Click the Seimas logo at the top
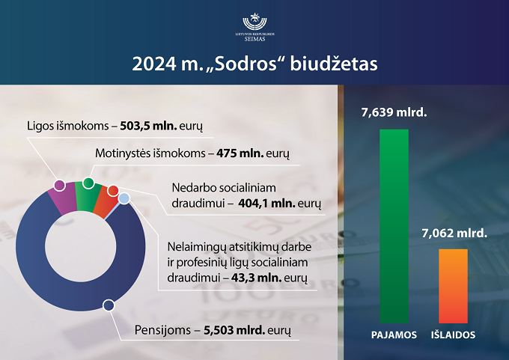pos(254,27)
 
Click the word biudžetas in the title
pos(334,64)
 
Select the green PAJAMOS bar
pos(394,226)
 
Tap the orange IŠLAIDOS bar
pos(453,286)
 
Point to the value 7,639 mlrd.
pos(394,112)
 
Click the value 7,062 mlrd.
pos(454,233)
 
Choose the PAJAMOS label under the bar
pos(394,335)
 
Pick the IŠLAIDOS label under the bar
pos(453,335)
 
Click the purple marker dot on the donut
pos(59,186)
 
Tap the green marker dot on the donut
pos(88,183)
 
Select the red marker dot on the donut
pos(113,191)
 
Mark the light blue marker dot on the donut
pos(124,198)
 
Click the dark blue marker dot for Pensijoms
pos(109,305)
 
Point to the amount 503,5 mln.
pos(148,126)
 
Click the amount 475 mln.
pos(240,153)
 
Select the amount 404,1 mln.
pos(266,204)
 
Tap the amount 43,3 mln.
pos(257,278)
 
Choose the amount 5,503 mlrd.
pos(234,330)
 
